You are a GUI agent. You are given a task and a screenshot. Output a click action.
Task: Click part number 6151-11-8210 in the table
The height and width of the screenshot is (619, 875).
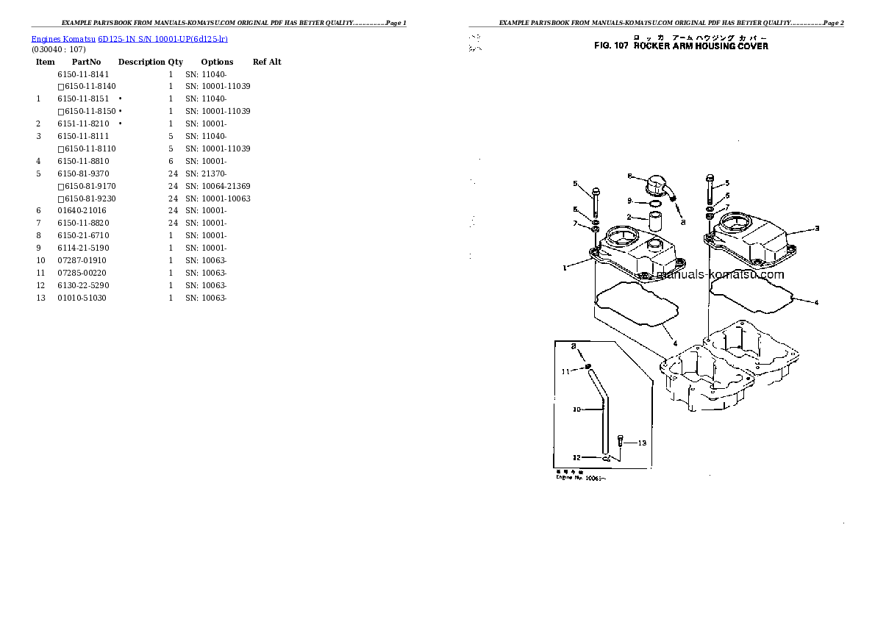coord(83,124)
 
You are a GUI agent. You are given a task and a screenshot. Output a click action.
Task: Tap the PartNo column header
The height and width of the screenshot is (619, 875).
coord(86,62)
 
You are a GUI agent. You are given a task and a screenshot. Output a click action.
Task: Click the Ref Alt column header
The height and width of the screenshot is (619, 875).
coord(267,62)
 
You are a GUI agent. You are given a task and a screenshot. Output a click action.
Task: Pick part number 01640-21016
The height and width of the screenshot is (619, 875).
coord(82,211)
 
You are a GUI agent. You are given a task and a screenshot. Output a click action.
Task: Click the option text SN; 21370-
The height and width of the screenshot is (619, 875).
coord(205,173)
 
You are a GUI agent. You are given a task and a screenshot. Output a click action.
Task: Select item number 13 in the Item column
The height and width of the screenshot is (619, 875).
coord(40,298)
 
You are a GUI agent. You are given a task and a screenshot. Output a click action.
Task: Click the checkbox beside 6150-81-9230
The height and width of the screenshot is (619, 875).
coord(60,198)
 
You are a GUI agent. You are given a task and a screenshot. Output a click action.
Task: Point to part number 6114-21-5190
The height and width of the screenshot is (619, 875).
coord(83,248)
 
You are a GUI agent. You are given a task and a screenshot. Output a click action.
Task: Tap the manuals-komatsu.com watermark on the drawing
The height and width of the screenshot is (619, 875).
coord(719,275)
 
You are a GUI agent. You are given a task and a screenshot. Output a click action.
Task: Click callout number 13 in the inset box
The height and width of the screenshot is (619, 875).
coord(641,443)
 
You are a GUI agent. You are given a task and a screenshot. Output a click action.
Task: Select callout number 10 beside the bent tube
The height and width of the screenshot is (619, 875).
coord(577,409)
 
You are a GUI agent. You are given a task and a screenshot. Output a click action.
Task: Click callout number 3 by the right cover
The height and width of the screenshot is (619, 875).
coord(816,228)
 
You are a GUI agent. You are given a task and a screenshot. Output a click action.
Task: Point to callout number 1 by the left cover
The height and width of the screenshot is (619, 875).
coord(565,268)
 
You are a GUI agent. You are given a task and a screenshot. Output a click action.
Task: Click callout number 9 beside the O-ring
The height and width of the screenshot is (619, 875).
coord(629,201)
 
